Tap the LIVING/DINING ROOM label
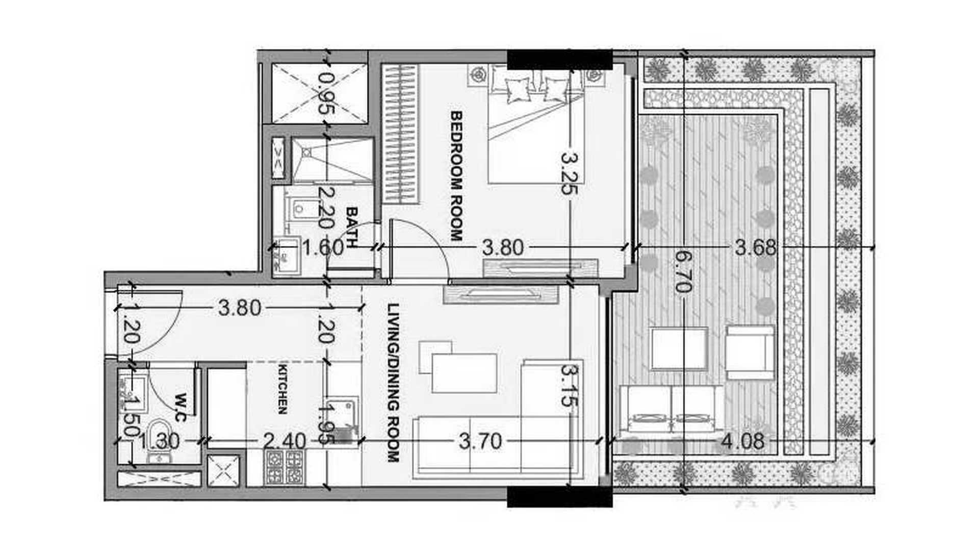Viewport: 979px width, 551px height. coord(393,383)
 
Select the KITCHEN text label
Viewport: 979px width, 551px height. coord(282,389)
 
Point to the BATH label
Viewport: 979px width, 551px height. coord(352,227)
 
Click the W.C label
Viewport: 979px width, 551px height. coord(180,407)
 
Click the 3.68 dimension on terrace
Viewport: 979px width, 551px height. coord(756,248)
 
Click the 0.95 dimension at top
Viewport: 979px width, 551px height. coord(327,93)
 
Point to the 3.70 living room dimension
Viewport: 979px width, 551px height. coord(480,441)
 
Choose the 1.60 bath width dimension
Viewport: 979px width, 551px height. coord(323,248)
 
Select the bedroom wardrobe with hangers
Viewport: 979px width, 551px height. coord(400,134)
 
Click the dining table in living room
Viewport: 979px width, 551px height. coord(464,373)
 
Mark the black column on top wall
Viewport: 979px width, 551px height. coord(559,60)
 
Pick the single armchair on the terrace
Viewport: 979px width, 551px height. coord(750,353)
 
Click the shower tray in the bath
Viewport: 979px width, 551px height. coord(332,160)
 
